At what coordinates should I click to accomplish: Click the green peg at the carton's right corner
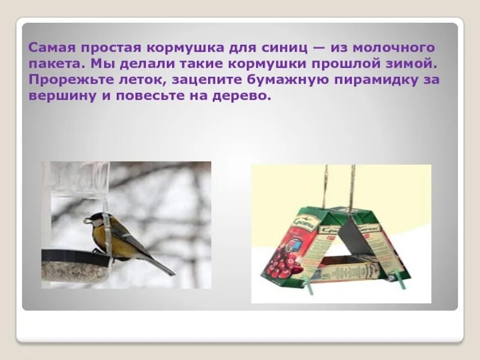click(398, 277)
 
